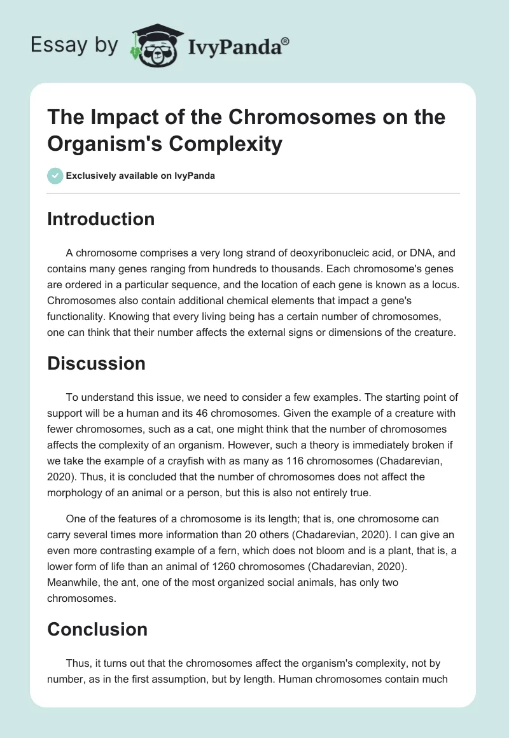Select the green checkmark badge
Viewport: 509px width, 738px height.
pyautogui.click(x=55, y=176)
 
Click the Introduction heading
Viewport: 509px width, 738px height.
pyautogui.click(x=101, y=219)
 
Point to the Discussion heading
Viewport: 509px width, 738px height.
pyautogui.click(x=96, y=363)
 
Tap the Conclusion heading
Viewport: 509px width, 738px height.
pyautogui.click(x=97, y=629)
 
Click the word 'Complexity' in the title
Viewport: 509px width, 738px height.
pyautogui.click(x=227, y=144)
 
